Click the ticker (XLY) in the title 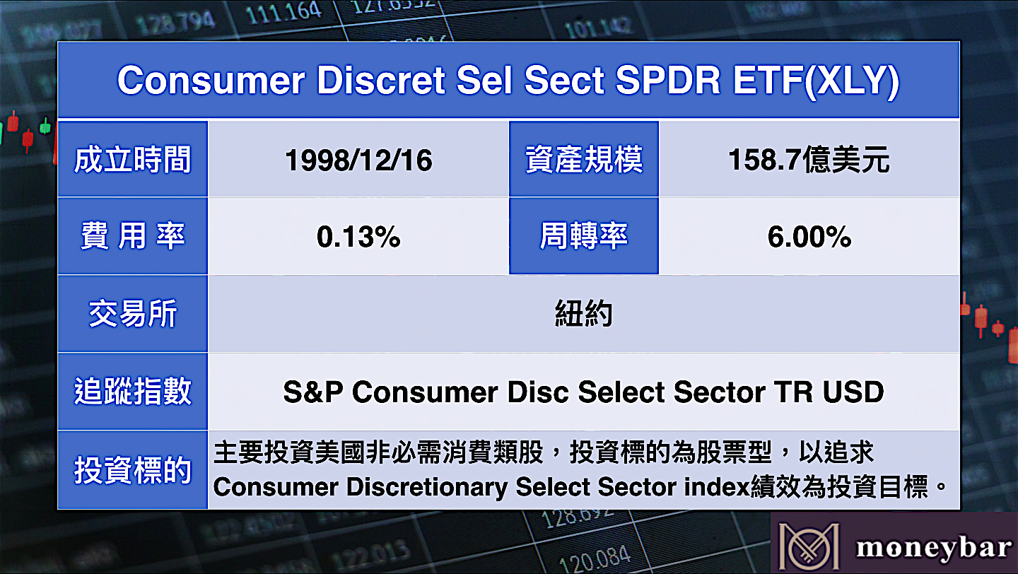(852, 81)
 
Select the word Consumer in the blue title (211, 81)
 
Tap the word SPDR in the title (668, 81)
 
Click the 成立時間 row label (132, 160)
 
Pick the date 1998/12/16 (358, 160)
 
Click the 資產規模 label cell (584, 160)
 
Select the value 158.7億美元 (809, 160)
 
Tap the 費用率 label (133, 236)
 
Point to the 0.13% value (358, 237)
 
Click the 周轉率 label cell (584, 236)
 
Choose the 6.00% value (809, 237)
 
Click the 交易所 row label (133, 314)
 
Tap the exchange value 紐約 (583, 314)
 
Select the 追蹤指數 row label (132, 392)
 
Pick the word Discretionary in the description (427, 487)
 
